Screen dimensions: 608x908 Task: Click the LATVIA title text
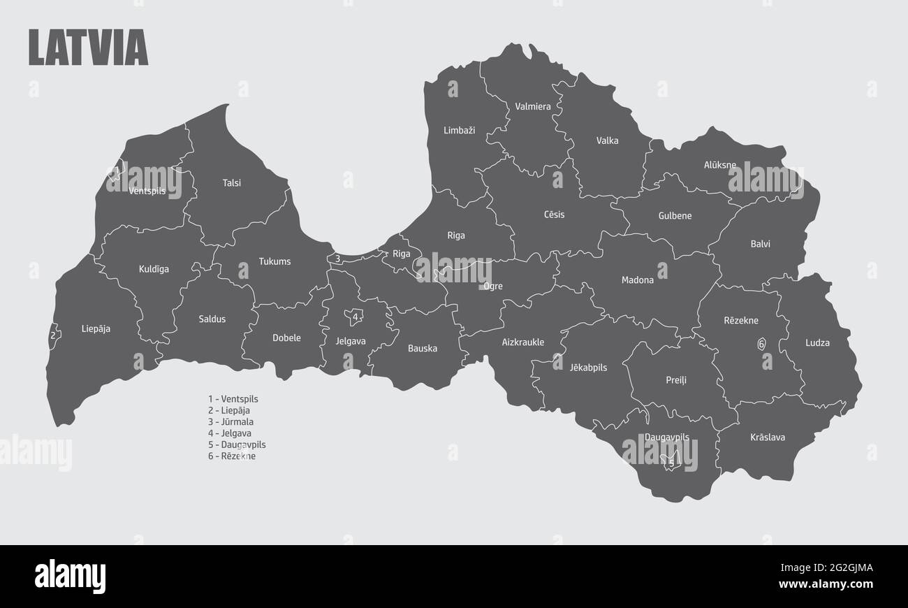click(x=88, y=48)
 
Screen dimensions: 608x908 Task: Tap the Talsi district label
click(x=232, y=183)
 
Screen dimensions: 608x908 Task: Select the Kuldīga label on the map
click(x=154, y=269)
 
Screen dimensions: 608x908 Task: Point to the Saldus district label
click(x=212, y=319)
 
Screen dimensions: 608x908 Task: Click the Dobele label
click(x=286, y=338)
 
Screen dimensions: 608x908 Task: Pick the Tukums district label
click(x=274, y=262)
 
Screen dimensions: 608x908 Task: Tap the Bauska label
click(x=423, y=348)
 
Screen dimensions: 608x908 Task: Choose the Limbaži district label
click(x=459, y=131)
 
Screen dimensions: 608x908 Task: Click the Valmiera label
click(x=533, y=107)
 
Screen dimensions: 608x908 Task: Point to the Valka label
click(x=607, y=140)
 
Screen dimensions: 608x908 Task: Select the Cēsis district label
click(x=554, y=215)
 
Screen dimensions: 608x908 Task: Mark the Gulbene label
click(x=675, y=216)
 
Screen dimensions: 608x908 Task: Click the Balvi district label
click(x=760, y=244)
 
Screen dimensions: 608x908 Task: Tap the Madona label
click(x=638, y=280)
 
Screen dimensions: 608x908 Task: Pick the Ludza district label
click(x=817, y=343)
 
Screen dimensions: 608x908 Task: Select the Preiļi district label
click(x=675, y=381)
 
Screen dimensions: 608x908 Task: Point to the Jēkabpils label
click(x=588, y=368)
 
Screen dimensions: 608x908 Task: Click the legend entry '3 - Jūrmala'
click(x=230, y=422)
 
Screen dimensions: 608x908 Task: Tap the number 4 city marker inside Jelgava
click(x=356, y=317)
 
